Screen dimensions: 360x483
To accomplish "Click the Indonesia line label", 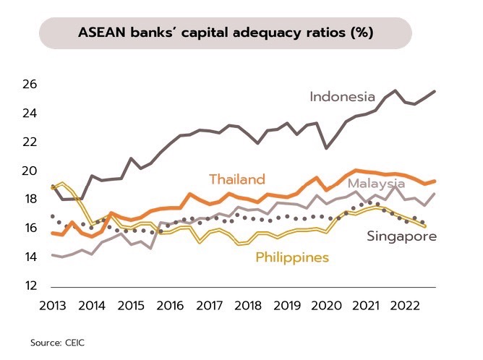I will pyautogui.click(x=342, y=97).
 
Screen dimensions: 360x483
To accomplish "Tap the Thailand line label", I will pyautogui.click(x=237, y=179).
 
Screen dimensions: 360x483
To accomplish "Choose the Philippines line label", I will pyautogui.click(x=292, y=257).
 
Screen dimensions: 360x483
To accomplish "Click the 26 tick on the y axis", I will pyautogui.click(x=29, y=85).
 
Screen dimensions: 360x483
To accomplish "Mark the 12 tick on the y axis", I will pyautogui.click(x=29, y=286).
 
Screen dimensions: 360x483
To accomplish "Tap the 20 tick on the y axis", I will pyautogui.click(x=29, y=171).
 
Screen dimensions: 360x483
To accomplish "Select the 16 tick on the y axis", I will pyautogui.click(x=29, y=228).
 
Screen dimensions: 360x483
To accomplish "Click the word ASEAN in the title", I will pyautogui.click(x=103, y=34).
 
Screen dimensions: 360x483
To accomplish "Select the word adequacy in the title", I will pyautogui.click(x=271, y=34).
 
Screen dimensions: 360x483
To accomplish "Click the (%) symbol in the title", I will pyautogui.click(x=360, y=34).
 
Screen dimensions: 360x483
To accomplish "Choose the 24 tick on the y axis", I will pyautogui.click(x=29, y=113).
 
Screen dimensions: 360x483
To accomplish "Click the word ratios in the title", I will pyautogui.click(x=325, y=34).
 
